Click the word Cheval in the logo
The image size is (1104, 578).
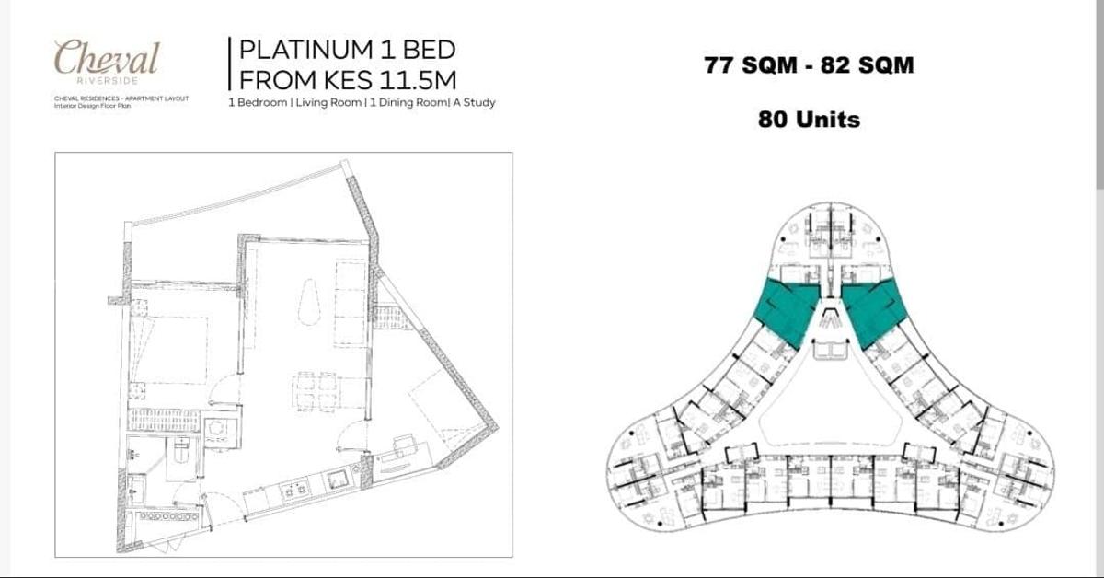tap(106, 58)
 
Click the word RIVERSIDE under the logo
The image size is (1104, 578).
tap(106, 79)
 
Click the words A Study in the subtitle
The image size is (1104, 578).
tap(473, 103)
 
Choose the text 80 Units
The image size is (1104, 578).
tap(809, 119)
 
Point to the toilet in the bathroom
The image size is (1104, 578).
tap(181, 452)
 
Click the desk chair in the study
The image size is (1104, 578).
tap(403, 442)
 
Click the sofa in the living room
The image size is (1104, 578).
tap(351, 303)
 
